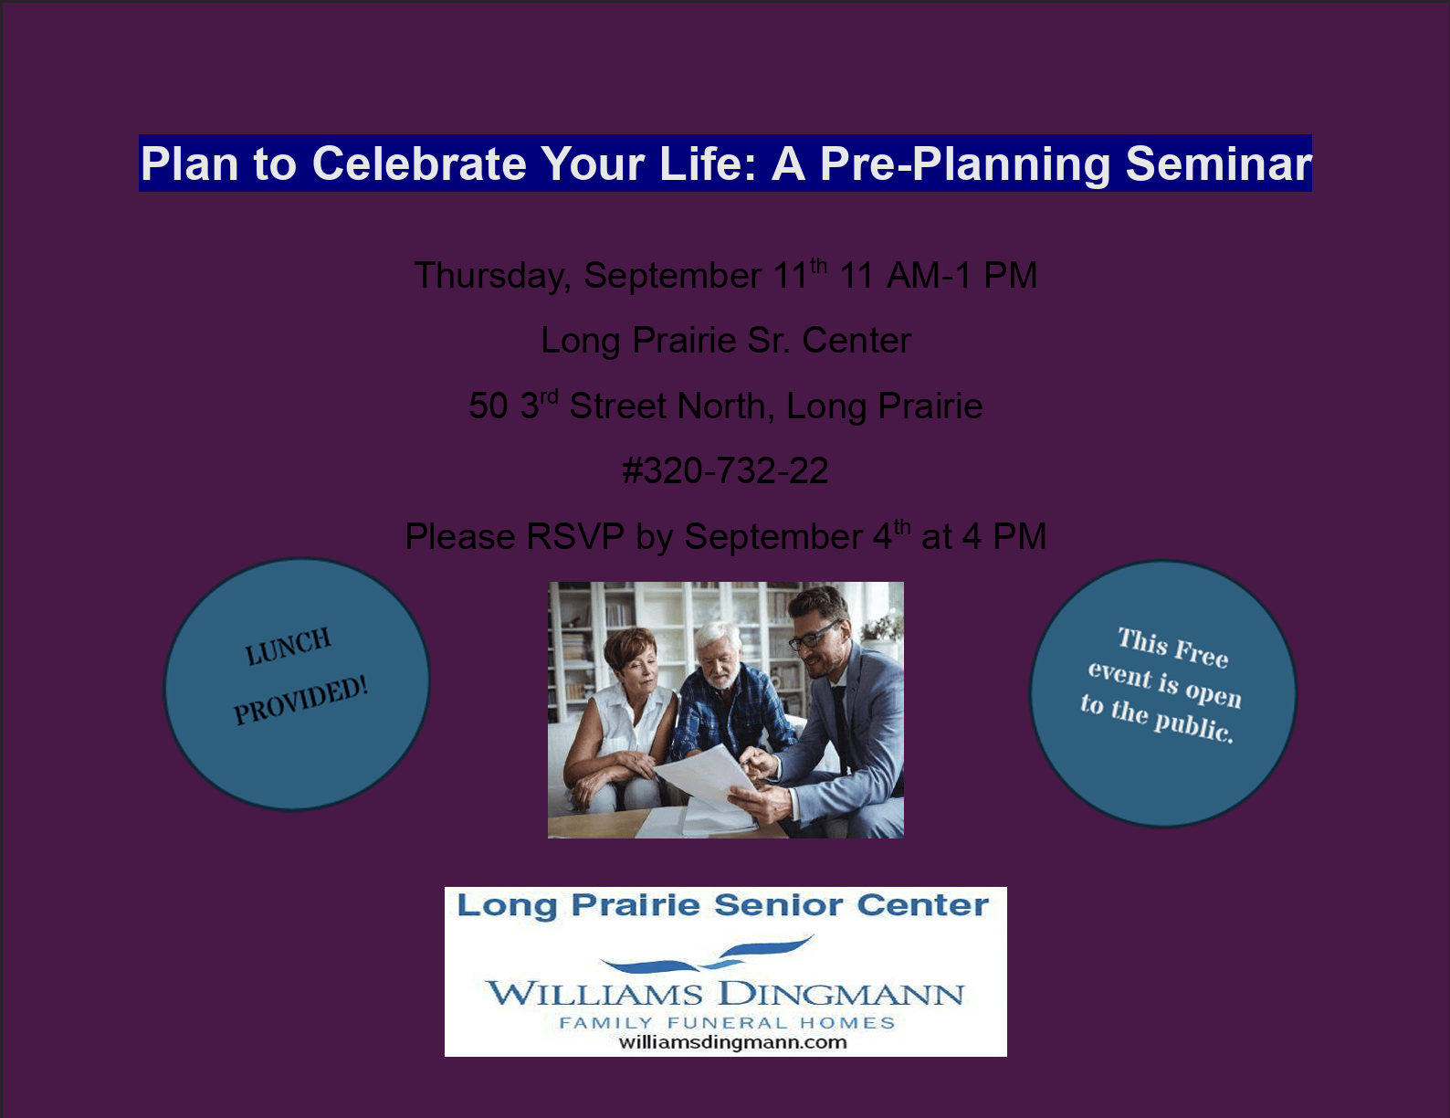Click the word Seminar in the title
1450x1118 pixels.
click(1218, 163)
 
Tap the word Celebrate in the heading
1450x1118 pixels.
click(419, 163)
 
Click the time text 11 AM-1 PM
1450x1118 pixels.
click(938, 275)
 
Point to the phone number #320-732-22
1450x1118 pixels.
click(725, 470)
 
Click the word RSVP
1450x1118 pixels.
click(575, 536)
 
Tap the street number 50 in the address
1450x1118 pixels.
click(489, 406)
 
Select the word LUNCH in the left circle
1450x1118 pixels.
click(288, 647)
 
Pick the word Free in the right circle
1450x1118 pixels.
click(1201, 652)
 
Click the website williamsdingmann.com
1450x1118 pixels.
click(732, 1042)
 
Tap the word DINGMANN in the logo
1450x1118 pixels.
click(842, 995)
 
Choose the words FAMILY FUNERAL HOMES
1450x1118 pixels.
click(727, 1023)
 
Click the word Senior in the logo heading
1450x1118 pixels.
click(780, 905)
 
